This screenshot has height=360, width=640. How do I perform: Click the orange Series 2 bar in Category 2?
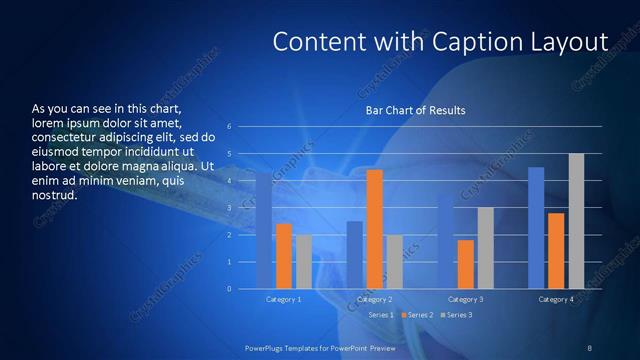(374, 229)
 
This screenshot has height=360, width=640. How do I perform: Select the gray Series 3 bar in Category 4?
(576, 221)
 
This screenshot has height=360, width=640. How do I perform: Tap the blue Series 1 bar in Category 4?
(536, 228)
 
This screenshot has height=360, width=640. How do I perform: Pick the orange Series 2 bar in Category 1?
(284, 256)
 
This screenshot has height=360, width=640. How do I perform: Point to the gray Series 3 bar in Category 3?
(485, 248)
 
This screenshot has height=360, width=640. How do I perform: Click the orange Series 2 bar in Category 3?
(465, 264)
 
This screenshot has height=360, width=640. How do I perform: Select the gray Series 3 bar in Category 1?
(304, 262)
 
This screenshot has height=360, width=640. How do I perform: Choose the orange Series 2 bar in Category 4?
(556, 251)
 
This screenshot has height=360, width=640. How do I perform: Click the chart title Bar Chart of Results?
(415, 110)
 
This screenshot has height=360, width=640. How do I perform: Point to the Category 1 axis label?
(284, 299)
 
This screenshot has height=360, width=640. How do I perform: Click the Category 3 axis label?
(465, 299)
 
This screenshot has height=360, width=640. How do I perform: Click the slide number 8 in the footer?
(589, 347)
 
